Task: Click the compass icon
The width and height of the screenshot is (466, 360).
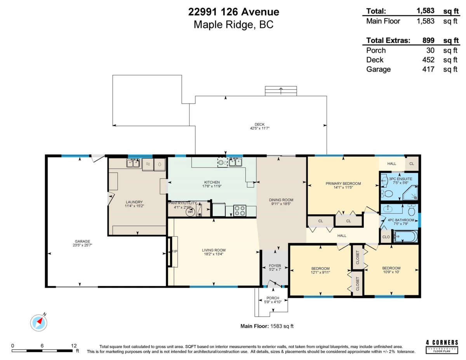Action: pyautogui.click(x=39, y=322)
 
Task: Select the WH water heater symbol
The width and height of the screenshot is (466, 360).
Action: pyautogui.click(x=191, y=212)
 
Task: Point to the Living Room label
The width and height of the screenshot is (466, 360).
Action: pyautogui.click(x=214, y=250)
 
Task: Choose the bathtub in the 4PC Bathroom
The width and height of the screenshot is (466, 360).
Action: pyautogui.click(x=406, y=236)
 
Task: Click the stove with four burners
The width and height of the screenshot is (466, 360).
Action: pyautogui.click(x=240, y=210)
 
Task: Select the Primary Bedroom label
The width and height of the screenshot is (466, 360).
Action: pyautogui.click(x=343, y=184)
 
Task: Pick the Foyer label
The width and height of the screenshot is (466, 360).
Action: pyautogui.click(x=275, y=266)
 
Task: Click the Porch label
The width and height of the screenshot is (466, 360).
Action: pyautogui.click(x=273, y=298)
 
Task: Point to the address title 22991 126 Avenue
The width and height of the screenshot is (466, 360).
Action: pyautogui.click(x=233, y=12)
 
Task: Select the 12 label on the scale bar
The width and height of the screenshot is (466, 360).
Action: pyautogui.click(x=74, y=346)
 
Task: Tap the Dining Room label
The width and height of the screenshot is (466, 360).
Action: pyautogui.click(x=281, y=200)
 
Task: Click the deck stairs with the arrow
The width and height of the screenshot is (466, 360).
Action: pyautogui.click(x=280, y=91)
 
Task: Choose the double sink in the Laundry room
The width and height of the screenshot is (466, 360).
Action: pyautogui.click(x=133, y=163)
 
